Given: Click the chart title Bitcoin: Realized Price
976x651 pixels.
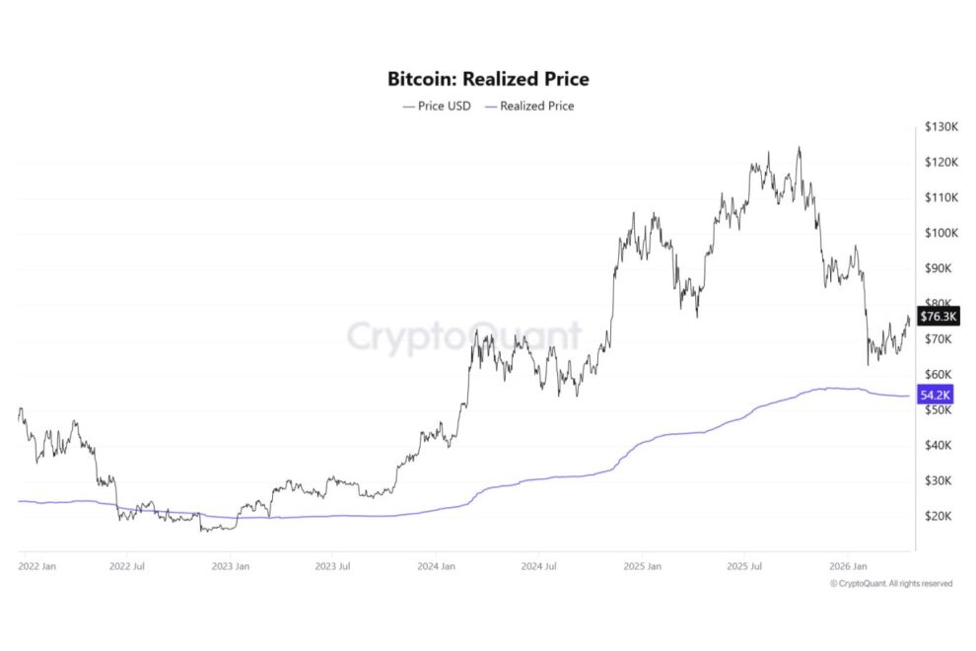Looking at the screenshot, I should (x=488, y=78).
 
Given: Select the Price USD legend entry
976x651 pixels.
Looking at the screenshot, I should (x=438, y=106).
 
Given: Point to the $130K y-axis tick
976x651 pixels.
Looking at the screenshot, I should (x=941, y=127).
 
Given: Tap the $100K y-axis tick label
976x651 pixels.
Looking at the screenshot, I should (x=941, y=233).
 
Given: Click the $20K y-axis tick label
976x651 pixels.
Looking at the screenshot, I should (x=938, y=516).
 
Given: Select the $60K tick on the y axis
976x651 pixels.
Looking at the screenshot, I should (x=938, y=375).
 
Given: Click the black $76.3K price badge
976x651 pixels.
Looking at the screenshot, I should (x=937, y=317).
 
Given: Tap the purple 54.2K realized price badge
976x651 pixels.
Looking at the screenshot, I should (x=937, y=395).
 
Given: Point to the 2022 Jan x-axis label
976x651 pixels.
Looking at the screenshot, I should (x=38, y=567).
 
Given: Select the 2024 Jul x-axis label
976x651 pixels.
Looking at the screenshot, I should (x=537, y=567).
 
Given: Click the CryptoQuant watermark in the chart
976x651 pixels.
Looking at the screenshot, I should (x=463, y=336).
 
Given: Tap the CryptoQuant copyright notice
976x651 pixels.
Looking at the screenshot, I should (x=891, y=584).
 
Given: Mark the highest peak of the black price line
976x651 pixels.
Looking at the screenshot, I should (x=799, y=148).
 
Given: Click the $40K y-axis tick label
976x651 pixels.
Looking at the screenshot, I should (x=938, y=445).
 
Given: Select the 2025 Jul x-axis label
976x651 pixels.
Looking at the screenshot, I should (x=744, y=567).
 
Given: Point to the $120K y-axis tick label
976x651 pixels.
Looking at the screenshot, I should (x=941, y=162).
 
